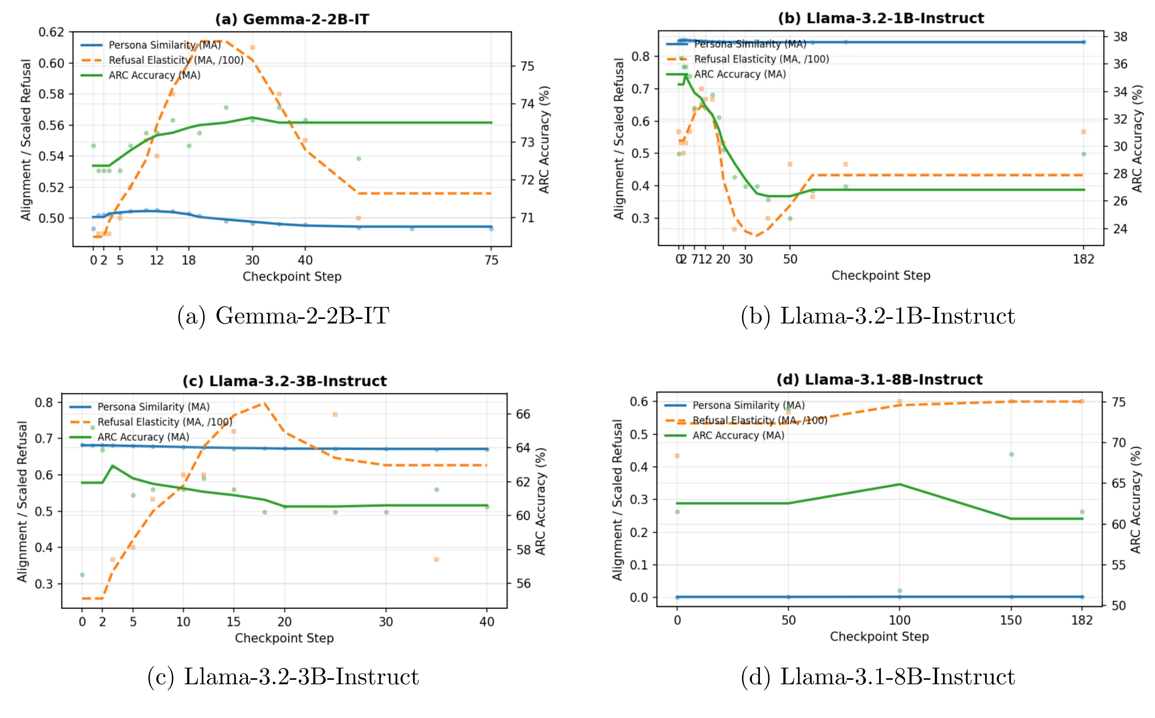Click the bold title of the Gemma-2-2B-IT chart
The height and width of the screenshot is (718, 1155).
[292, 20]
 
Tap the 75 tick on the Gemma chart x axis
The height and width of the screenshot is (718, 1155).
[492, 260]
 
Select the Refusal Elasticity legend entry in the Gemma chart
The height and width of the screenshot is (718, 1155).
[176, 60]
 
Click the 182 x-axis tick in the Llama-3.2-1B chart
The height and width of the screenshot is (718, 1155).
[1083, 259]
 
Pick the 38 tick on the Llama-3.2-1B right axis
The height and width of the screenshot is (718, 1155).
[1120, 37]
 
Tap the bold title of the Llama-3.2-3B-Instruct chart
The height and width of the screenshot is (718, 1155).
[285, 381]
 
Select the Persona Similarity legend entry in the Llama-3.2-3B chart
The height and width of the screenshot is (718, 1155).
[153, 407]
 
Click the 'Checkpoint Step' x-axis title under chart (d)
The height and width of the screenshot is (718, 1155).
[879, 637]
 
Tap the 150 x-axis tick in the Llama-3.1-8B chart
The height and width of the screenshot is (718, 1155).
[1011, 620]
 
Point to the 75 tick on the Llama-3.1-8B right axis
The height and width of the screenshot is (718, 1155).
[1118, 402]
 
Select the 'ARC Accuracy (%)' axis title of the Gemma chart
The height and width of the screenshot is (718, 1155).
[544, 140]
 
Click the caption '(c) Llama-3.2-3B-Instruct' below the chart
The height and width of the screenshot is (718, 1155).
[283, 677]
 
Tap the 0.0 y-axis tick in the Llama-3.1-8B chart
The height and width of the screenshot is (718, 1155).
[639, 598]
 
